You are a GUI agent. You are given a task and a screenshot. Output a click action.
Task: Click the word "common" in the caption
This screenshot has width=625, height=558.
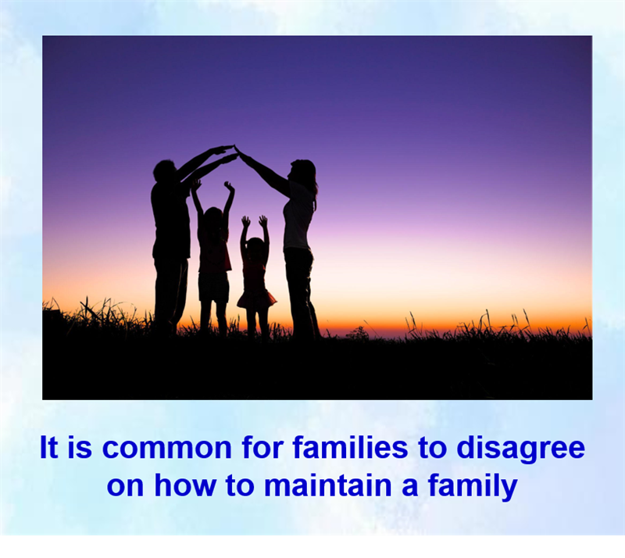click(167, 448)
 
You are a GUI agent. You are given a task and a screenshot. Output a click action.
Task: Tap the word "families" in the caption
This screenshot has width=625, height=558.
click(350, 447)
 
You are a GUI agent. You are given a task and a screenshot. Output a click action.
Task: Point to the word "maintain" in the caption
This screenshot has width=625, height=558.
click(327, 485)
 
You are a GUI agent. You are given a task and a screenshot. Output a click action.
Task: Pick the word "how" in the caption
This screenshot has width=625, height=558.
click(186, 485)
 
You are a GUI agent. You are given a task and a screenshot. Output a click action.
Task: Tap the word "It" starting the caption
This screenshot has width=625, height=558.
click(49, 447)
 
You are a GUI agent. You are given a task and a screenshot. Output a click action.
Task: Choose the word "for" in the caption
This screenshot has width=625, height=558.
click(262, 447)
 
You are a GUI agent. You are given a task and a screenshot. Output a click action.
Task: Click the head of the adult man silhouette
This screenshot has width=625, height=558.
click(164, 170)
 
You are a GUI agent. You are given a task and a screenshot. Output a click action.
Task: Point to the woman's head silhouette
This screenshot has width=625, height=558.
click(302, 171)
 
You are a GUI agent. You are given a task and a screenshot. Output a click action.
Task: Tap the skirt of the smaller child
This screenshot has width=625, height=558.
click(256, 299)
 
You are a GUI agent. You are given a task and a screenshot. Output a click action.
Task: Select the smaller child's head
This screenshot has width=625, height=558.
click(255, 247)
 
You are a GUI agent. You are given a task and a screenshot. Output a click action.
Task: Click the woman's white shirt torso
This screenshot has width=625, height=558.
click(298, 217)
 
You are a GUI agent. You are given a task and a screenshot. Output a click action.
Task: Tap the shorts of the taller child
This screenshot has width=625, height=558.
click(213, 286)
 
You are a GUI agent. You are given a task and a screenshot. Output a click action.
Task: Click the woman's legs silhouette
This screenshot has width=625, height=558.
click(302, 293)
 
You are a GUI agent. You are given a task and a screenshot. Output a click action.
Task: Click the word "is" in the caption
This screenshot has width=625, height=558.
click(80, 447)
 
